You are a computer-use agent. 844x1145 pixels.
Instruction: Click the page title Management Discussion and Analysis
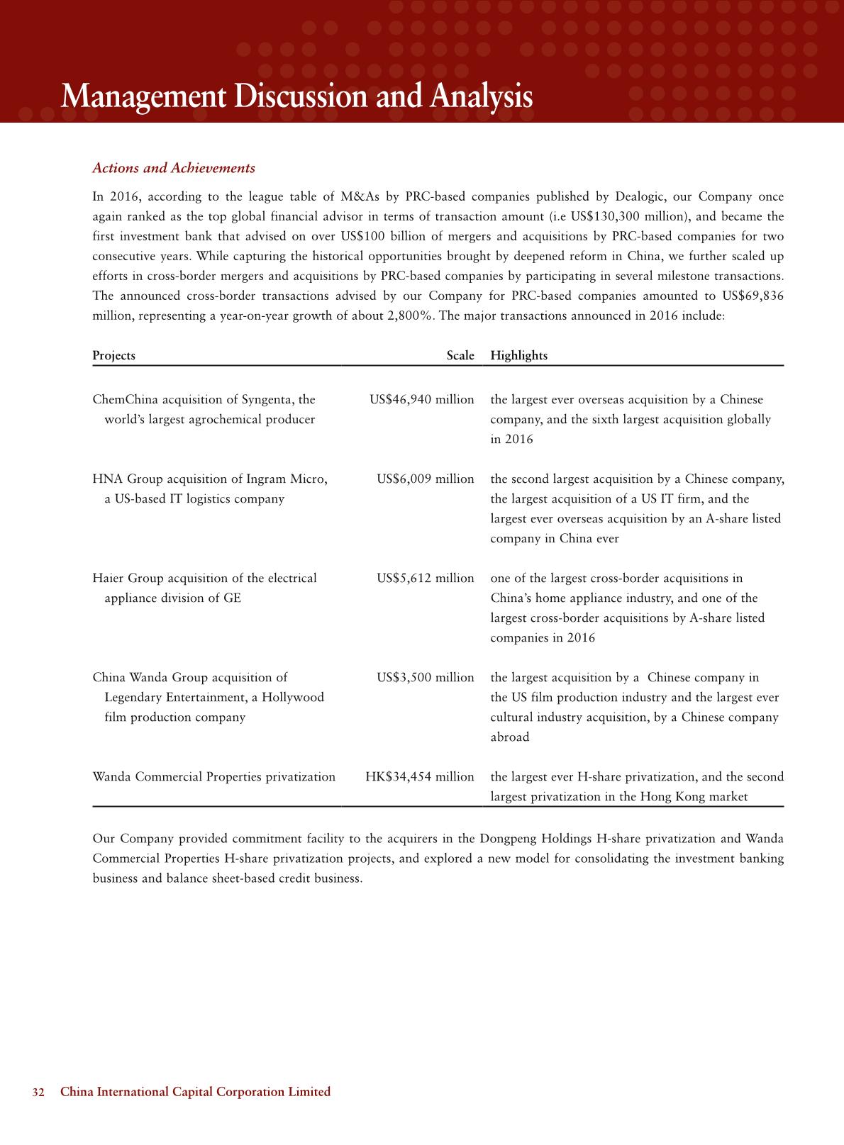click(x=296, y=96)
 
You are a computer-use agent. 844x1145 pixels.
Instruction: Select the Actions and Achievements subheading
click(x=174, y=168)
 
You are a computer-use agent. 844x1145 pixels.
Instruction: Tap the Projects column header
click(x=113, y=355)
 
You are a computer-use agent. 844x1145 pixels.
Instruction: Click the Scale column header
click(x=460, y=355)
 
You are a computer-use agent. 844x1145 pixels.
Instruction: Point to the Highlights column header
click(x=518, y=355)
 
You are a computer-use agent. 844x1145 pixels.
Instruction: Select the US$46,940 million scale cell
click(x=421, y=400)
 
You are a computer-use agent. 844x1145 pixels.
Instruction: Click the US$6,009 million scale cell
click(x=426, y=479)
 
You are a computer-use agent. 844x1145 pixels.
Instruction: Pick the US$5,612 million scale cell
click(x=426, y=579)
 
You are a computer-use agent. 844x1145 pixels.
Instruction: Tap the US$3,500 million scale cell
click(x=426, y=678)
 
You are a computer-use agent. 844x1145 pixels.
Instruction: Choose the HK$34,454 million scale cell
click(x=419, y=777)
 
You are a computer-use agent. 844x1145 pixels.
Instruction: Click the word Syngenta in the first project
click(x=268, y=400)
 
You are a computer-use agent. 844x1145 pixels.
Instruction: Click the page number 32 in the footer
click(x=38, y=1092)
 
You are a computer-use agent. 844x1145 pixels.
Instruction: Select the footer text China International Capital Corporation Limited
click(x=196, y=1092)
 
